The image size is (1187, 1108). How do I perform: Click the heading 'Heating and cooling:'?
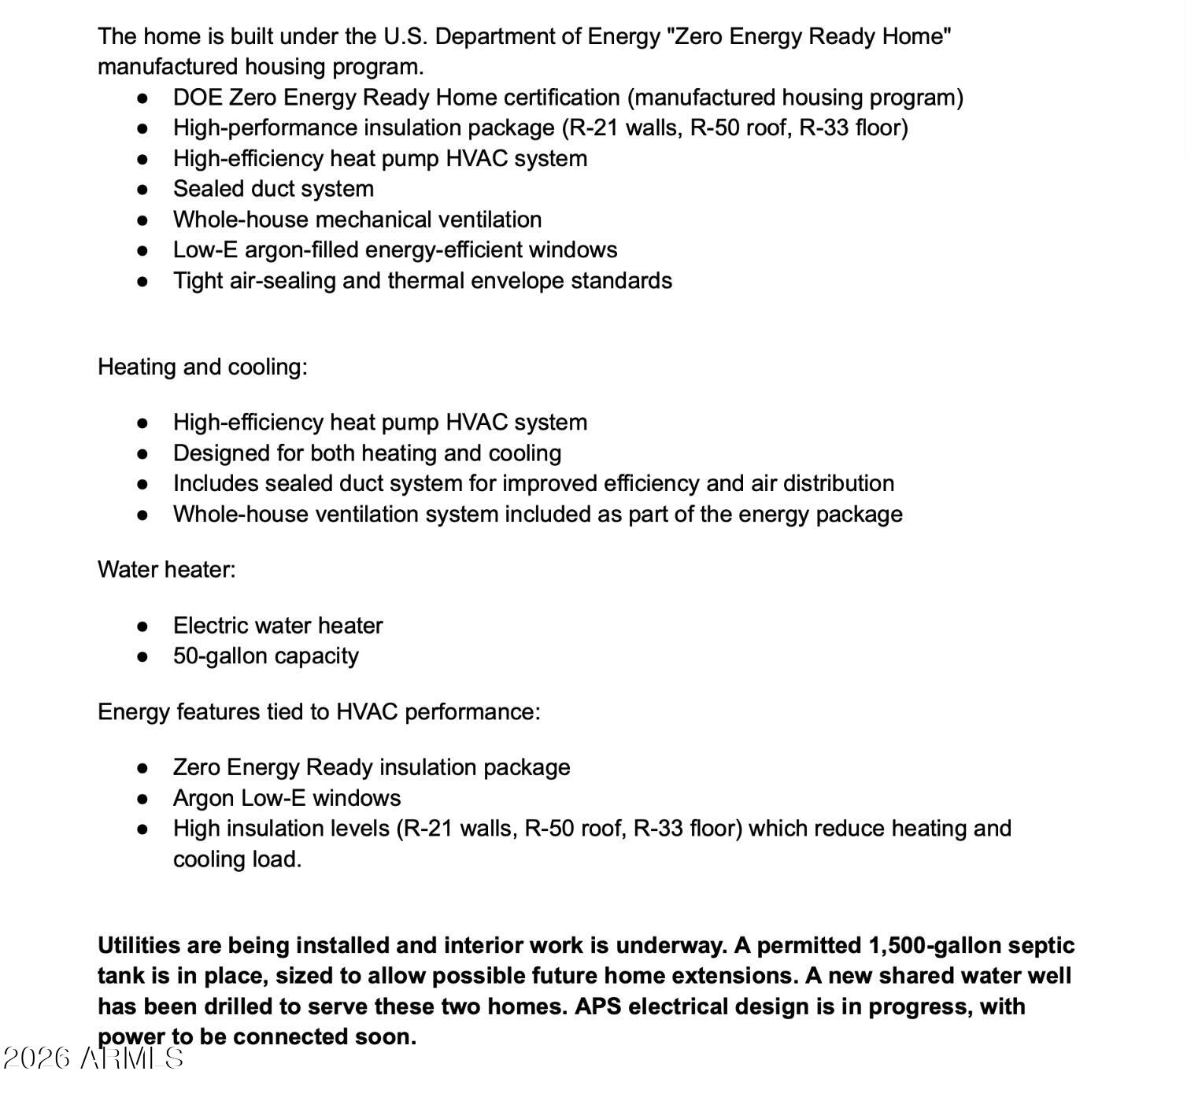coord(202,367)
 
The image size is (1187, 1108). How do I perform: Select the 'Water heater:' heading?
coord(166,570)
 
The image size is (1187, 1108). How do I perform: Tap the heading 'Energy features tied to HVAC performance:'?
coord(319,712)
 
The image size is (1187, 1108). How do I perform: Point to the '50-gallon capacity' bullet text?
coord(265,656)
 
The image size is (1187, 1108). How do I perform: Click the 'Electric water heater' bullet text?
coord(278,626)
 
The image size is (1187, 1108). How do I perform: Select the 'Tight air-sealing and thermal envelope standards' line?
coord(422,281)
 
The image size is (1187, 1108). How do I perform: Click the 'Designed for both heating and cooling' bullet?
coord(367,453)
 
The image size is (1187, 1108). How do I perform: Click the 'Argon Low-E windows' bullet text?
coord(287,799)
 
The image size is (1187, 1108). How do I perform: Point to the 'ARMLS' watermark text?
coord(132,1058)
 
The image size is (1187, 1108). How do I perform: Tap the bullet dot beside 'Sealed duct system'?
coord(142,190)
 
